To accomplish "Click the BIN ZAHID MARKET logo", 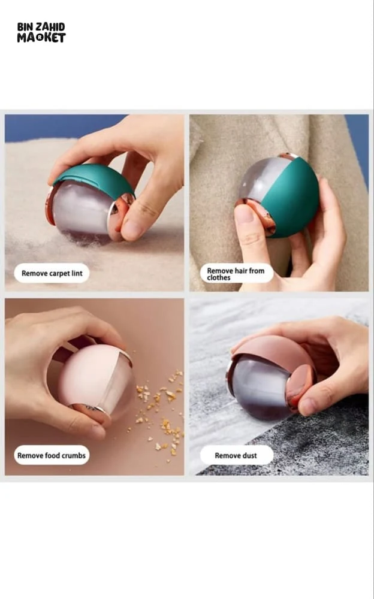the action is pos(41,32).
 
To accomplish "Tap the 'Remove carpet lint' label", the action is pos(52,273).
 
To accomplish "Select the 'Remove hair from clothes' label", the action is pos(236,274).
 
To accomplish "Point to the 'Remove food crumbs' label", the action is pos(52,455).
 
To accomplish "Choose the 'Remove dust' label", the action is pos(236,455).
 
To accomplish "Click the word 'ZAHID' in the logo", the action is pos(50,27).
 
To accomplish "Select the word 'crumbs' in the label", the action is pos(74,455).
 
